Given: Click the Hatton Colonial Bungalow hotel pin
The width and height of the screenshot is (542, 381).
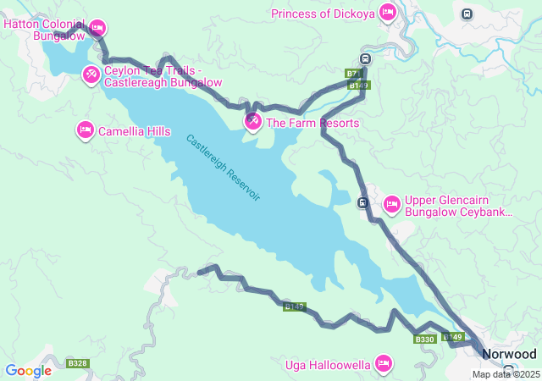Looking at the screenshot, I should pos(97,28).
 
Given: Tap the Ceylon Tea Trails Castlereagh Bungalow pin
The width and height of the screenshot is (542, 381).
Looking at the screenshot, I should pos(91,75).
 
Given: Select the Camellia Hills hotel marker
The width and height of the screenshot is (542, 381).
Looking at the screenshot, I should pos(85,130).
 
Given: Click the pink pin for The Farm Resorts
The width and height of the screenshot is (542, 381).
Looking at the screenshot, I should pos(252,122).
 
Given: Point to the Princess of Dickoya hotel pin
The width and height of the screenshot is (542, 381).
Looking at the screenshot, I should pos(387,12).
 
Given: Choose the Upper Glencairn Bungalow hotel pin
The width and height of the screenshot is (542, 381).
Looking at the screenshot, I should pos(391,204).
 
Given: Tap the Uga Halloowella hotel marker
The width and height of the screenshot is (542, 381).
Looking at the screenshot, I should pos(383,364).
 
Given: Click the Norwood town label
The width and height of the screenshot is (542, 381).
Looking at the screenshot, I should pos(509,354).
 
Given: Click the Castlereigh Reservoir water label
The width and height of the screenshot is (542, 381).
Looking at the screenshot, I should pos(224,168).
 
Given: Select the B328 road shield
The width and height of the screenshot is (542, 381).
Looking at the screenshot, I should pos(78,363).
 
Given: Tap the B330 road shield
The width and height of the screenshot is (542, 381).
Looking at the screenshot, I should pos(424,340).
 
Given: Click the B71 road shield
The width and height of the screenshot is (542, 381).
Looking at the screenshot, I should pos(353,75).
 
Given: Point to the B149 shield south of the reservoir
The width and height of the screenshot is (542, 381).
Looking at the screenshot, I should pos(294,306).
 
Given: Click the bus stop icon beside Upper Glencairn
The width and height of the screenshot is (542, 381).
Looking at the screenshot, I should pos(362,202).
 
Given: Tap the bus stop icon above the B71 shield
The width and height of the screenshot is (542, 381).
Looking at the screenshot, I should pos(364,58).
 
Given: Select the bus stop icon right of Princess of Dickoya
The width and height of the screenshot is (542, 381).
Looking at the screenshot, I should pos(467,13).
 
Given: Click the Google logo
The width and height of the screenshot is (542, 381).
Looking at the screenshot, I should pos(28,371).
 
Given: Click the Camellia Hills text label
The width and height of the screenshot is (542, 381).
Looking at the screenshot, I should pos(134,131).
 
